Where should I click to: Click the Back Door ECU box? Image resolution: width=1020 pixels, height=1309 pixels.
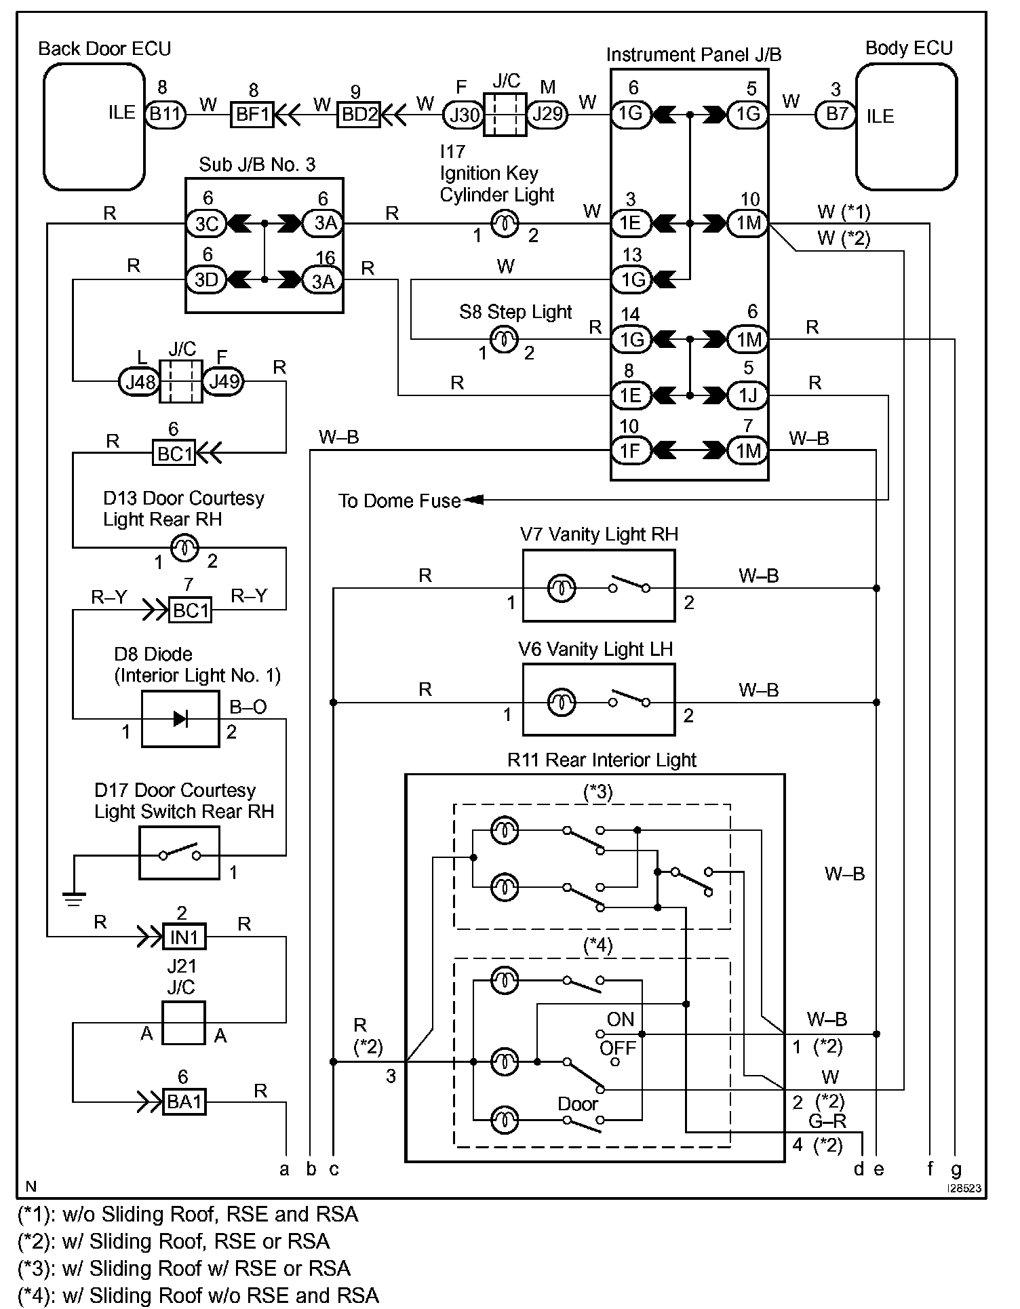94,126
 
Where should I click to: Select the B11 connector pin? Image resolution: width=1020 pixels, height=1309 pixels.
165,113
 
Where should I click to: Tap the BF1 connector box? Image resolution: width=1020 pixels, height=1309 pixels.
252,114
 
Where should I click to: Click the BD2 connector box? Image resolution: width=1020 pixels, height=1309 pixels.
359,114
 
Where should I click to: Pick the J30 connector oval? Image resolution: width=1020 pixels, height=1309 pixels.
463,114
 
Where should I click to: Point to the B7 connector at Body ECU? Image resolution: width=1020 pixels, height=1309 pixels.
836,113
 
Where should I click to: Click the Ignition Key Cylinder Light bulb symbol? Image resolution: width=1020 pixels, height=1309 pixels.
505,223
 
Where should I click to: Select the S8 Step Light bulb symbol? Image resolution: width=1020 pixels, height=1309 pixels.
504,339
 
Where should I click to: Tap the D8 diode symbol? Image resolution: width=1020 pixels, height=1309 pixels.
180,719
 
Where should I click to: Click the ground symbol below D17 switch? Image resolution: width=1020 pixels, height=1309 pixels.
73,899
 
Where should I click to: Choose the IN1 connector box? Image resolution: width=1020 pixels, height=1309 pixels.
184,937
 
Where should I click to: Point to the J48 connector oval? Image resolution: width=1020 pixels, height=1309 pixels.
140,382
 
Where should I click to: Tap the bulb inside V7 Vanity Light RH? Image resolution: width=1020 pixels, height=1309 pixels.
562,588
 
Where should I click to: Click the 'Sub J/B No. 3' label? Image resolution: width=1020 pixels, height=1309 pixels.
257,165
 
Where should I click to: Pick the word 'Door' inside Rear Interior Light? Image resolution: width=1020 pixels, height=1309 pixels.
578,1103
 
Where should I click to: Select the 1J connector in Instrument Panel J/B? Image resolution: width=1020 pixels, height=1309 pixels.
748,395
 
